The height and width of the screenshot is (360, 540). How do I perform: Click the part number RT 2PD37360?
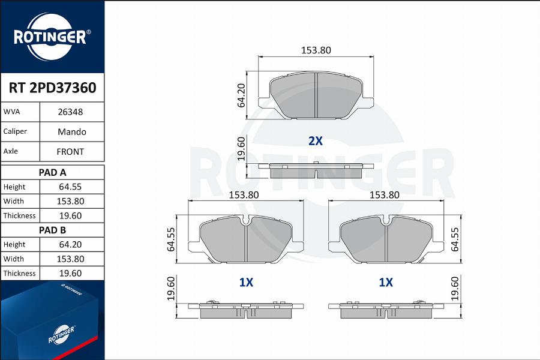point(52,88)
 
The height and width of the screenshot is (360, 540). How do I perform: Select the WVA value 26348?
point(70,112)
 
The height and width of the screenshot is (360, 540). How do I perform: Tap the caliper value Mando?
point(71,131)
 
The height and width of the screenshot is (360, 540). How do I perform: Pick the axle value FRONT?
point(70,152)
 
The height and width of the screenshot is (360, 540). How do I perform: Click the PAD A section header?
point(52,172)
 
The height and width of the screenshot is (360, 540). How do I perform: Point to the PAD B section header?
point(52,230)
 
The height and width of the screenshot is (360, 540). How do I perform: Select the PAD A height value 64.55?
point(70,187)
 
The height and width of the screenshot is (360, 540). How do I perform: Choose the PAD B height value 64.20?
point(70,244)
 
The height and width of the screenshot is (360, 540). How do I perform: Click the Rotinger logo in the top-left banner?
point(52,37)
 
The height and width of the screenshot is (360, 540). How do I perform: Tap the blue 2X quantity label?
point(315,141)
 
